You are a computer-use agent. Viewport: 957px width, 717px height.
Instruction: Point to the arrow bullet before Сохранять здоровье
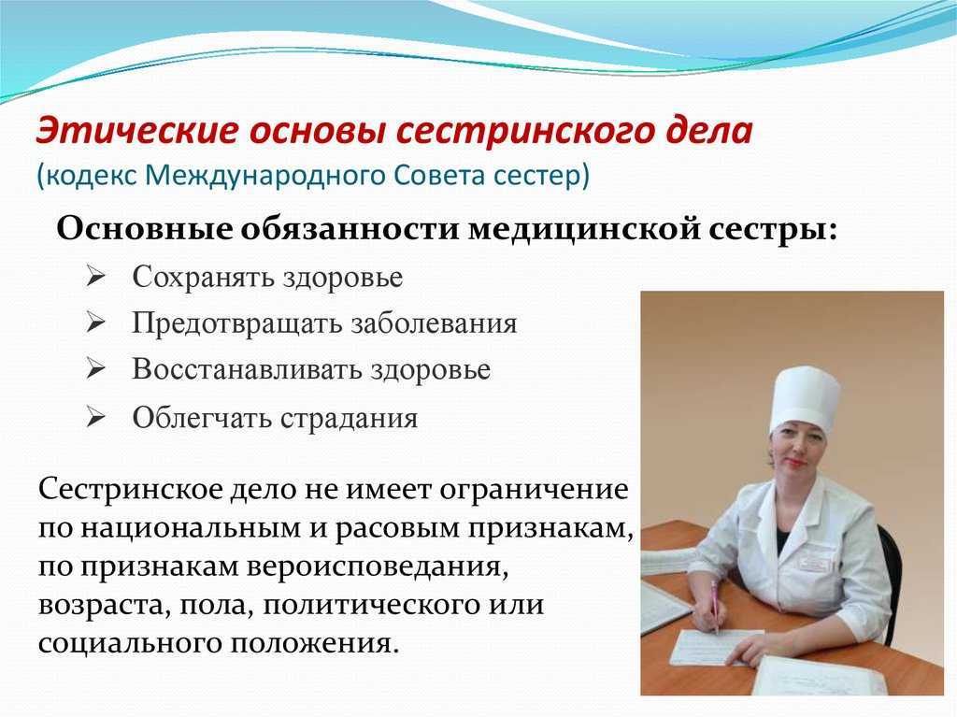coord(96,277)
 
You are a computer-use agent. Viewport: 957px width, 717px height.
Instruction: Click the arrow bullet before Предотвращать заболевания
coord(96,323)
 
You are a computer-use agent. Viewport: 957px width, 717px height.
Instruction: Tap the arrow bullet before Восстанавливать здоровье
coord(96,369)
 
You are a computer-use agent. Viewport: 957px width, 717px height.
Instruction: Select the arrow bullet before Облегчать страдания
coord(96,418)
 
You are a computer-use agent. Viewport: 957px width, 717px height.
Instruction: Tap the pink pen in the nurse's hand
coord(714,606)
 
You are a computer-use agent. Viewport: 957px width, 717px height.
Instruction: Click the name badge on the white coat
coord(814,563)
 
